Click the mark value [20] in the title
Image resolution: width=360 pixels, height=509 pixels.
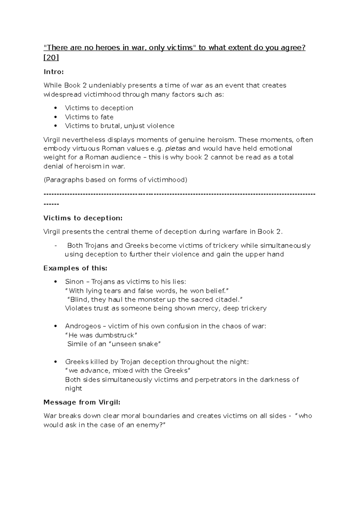[x=51, y=58]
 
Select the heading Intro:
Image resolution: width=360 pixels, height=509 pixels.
[x=54, y=72]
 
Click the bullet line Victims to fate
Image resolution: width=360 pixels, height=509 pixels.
[x=89, y=117]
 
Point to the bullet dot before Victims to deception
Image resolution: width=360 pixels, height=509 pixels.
[x=55, y=108]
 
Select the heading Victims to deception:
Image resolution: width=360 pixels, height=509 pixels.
[x=83, y=218]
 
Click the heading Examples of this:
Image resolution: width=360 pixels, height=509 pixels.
[x=75, y=268]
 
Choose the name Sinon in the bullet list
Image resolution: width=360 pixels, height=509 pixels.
[x=74, y=282]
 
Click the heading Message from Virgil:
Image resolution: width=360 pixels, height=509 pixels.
[x=82, y=402]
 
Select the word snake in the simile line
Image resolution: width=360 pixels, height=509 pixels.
[x=148, y=344]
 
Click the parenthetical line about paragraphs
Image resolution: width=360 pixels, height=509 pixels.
[x=115, y=180]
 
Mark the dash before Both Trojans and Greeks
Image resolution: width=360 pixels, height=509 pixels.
[x=55, y=246]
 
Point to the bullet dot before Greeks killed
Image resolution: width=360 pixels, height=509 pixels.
[x=55, y=362]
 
